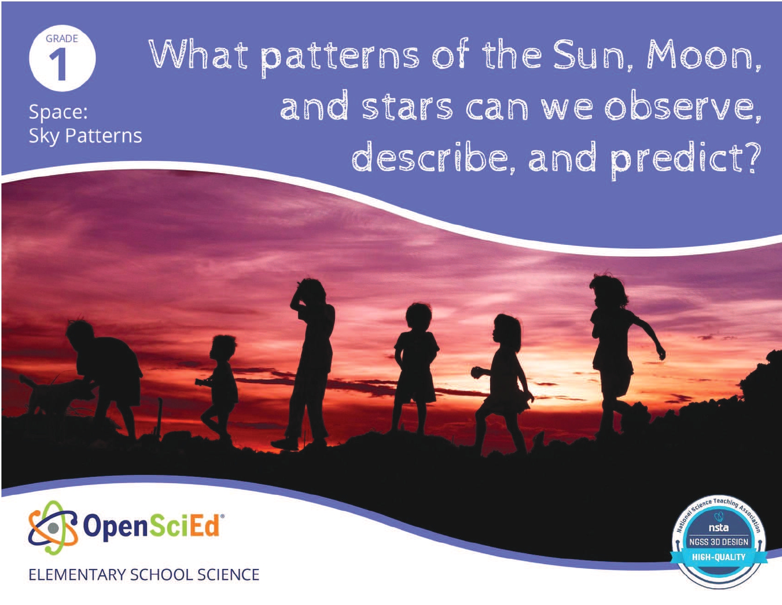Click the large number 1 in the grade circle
(61, 66)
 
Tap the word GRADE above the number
(62, 38)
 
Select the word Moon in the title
(703, 56)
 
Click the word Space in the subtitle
(57, 113)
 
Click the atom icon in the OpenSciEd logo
(54, 528)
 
